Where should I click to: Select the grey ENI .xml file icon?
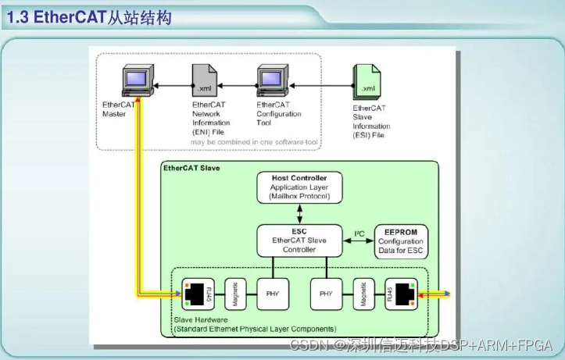pos(202,81)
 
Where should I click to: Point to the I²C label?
pos(359,233)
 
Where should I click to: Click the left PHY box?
pos(270,296)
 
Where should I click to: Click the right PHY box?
pos(326,296)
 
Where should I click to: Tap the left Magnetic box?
pos(235,296)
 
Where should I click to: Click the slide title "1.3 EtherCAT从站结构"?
pos(89,16)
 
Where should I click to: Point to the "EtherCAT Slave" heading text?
pos(191,168)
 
